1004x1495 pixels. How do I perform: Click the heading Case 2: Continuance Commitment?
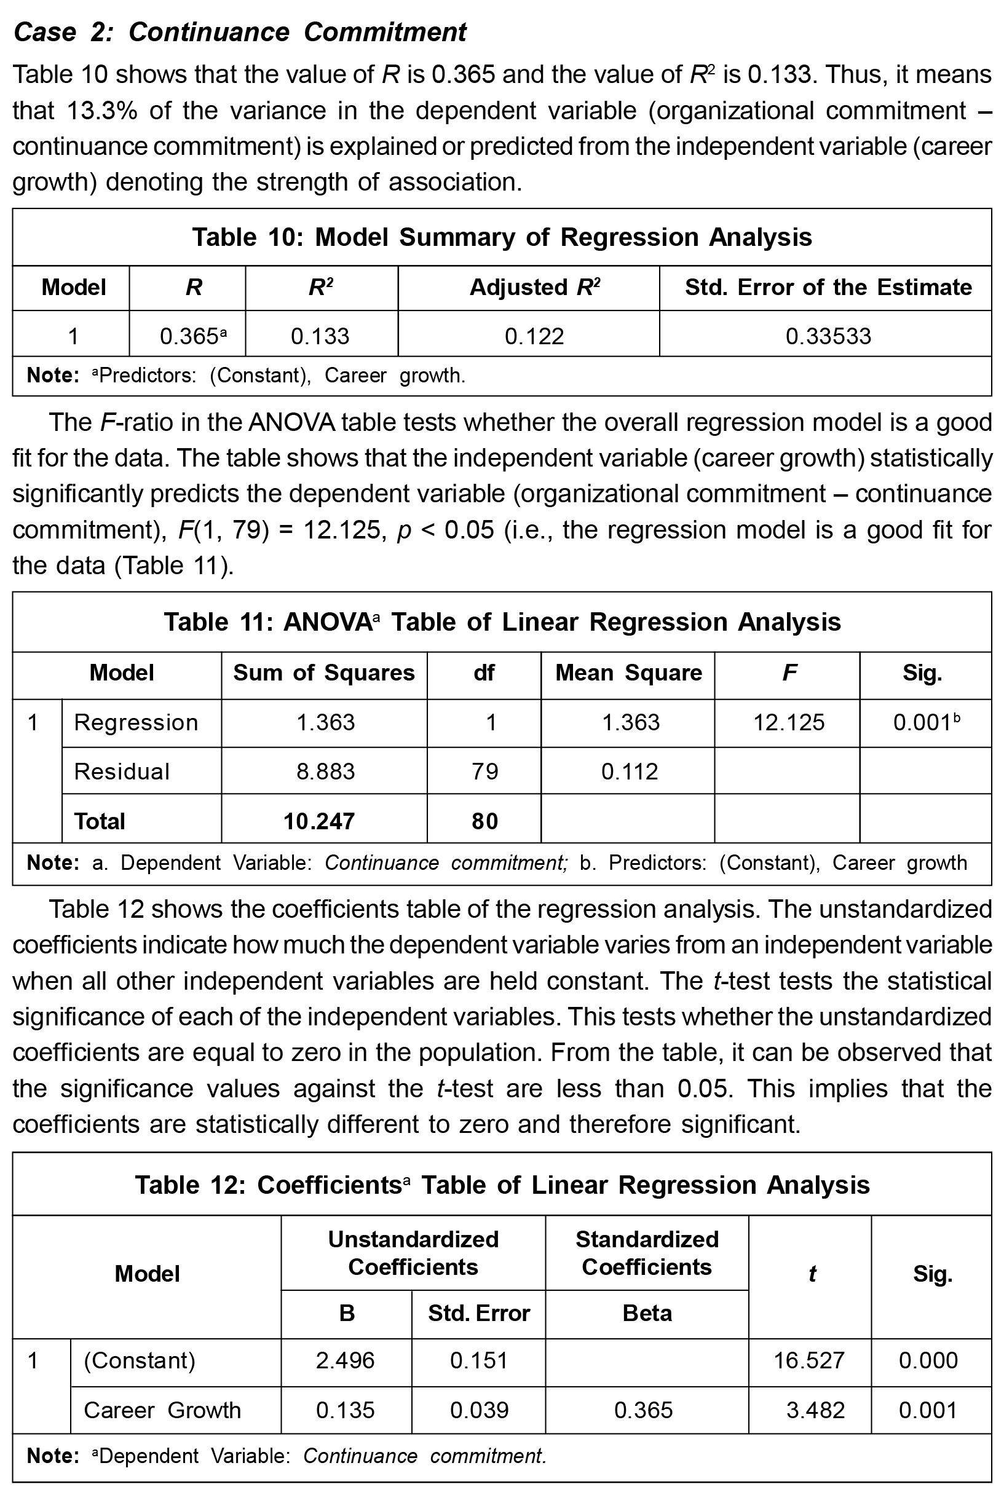[240, 32]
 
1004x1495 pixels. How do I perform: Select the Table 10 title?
[502, 237]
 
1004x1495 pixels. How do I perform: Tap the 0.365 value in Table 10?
[191, 336]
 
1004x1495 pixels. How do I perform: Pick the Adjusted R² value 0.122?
[534, 336]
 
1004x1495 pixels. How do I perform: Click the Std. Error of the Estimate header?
[828, 288]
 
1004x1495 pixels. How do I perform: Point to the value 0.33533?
[828, 336]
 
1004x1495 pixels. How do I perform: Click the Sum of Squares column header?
[323, 673]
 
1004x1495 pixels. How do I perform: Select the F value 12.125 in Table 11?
[789, 723]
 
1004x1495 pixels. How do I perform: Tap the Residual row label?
[122, 771]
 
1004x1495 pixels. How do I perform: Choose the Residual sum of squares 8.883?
[325, 771]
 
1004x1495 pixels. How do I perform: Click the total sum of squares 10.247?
[319, 821]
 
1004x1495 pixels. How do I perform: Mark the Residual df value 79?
[484, 771]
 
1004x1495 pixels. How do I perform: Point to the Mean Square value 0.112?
[630, 771]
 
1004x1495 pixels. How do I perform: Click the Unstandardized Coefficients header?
[413, 1253]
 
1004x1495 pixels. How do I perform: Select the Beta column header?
[647, 1314]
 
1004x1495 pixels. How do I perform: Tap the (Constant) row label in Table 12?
[140, 1360]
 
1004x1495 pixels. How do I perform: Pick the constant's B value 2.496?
[345, 1360]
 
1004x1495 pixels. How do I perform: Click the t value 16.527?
[808, 1360]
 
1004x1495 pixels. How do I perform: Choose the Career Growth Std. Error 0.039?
[479, 1410]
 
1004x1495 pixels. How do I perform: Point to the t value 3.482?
[815, 1410]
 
